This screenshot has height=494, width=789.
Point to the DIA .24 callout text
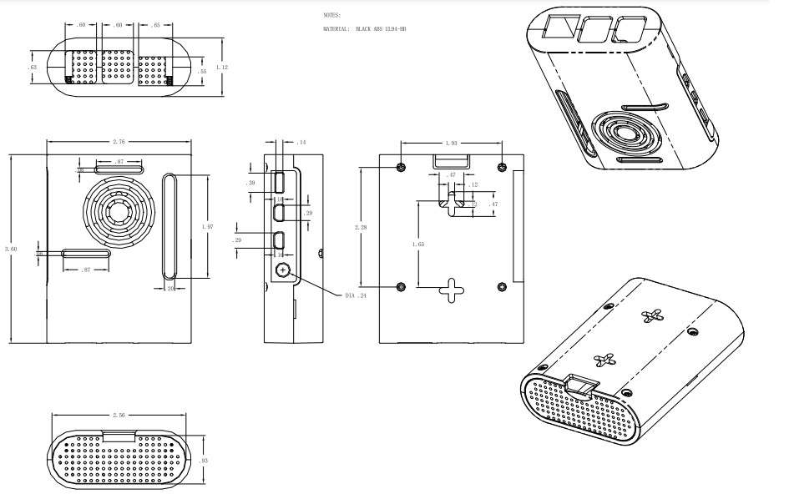[x=357, y=295]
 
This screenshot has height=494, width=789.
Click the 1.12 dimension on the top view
[x=221, y=66]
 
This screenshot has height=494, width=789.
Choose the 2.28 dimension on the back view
[x=361, y=226]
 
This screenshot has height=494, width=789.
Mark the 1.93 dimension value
[x=451, y=143]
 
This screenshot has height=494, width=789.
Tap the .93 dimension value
[x=205, y=461]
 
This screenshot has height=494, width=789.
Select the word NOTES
[x=331, y=15]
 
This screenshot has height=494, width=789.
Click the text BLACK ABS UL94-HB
[x=380, y=29]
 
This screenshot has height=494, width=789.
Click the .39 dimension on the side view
[x=250, y=183]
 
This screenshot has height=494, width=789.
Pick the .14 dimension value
[x=301, y=143]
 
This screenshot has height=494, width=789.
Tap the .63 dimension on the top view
[x=33, y=67]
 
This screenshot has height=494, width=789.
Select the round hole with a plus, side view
[x=282, y=270]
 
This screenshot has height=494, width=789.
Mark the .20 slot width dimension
[x=170, y=288]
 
